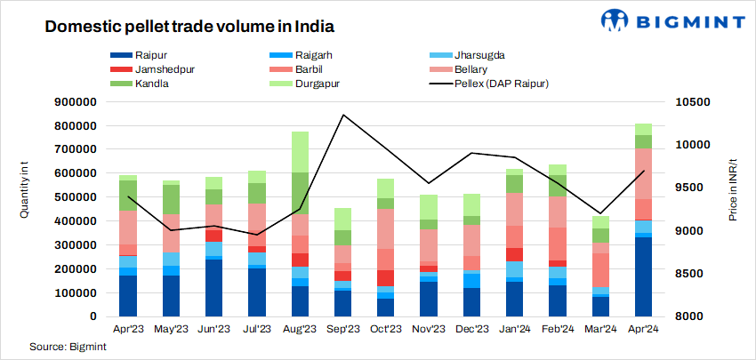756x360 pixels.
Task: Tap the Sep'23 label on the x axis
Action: point(343,329)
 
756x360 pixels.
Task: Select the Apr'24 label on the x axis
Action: point(644,329)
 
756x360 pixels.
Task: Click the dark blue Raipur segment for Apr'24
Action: point(644,276)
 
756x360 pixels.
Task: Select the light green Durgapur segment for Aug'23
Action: point(301,152)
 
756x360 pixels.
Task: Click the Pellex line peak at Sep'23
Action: point(343,115)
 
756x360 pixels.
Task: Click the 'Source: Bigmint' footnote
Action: point(65,346)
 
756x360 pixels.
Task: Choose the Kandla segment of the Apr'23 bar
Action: point(128,196)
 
